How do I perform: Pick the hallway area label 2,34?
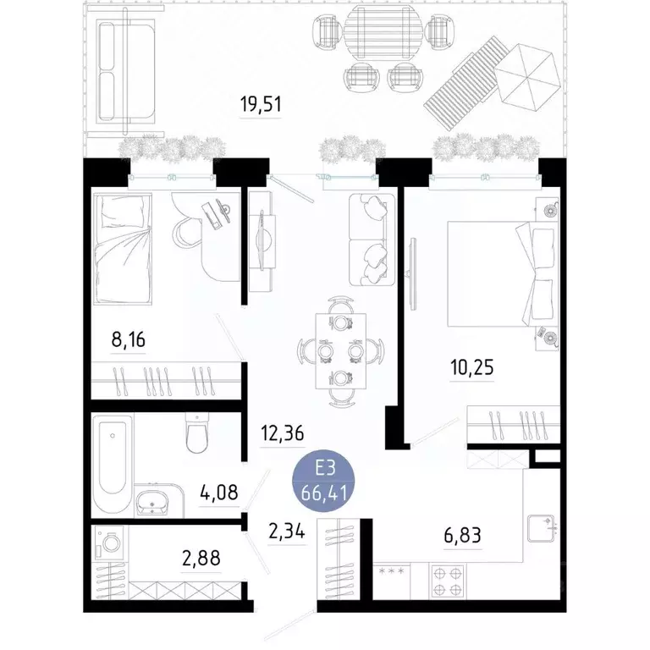287,533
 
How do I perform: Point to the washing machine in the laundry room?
110,541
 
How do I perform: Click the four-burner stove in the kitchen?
446,581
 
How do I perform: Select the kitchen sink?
540,530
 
